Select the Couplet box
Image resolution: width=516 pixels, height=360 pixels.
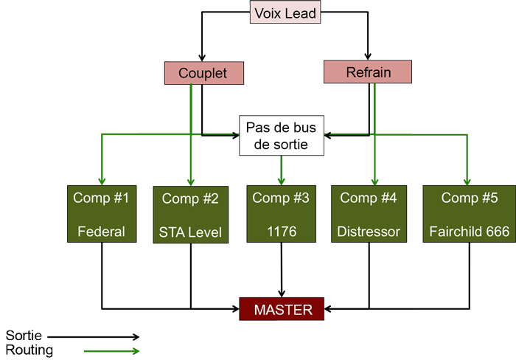tap(203, 73)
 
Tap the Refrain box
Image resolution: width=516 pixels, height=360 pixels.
tap(367, 72)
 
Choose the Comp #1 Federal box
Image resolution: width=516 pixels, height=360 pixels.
tap(101, 214)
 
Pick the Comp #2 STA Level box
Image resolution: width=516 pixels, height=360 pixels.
tap(191, 215)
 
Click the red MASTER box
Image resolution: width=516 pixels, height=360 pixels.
tap(282, 310)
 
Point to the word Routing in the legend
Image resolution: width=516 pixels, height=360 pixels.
tap(29, 350)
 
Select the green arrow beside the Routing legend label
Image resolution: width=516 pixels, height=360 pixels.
tap(111, 351)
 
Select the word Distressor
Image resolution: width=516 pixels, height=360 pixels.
tap(369, 232)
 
